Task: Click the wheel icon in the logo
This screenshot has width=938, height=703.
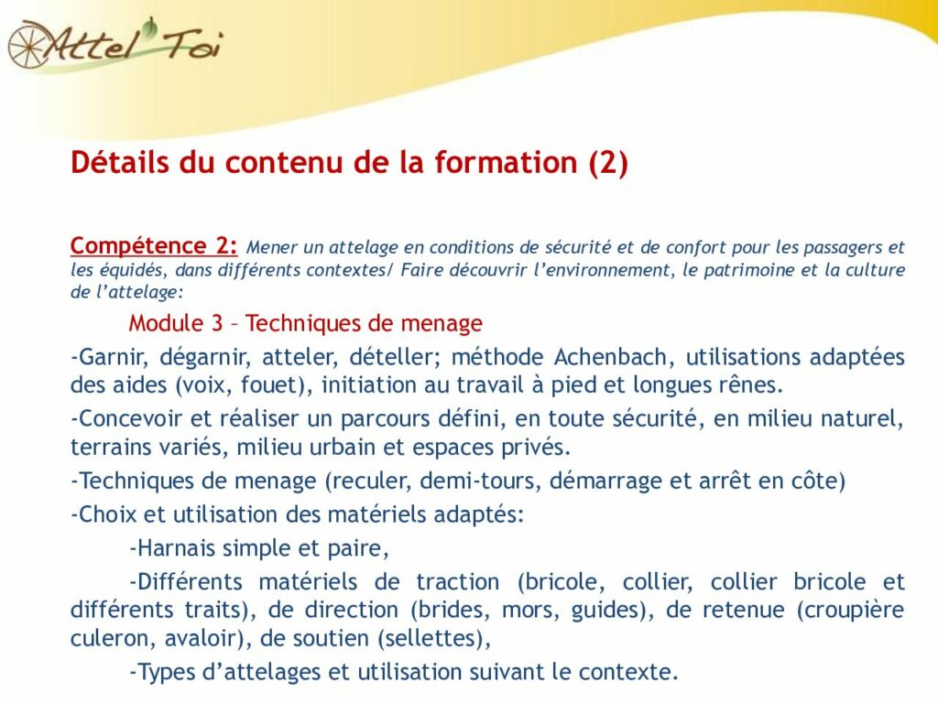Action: [x=28, y=45]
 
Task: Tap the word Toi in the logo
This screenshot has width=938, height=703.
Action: [x=191, y=44]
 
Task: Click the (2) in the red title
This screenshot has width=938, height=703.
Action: [x=608, y=163]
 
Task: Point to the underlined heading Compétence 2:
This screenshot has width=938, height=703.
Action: [x=154, y=245]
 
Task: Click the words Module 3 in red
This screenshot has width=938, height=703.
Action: [x=175, y=323]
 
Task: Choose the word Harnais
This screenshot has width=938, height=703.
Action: [x=176, y=548]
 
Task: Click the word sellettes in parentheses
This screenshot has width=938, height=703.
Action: [x=431, y=638]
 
